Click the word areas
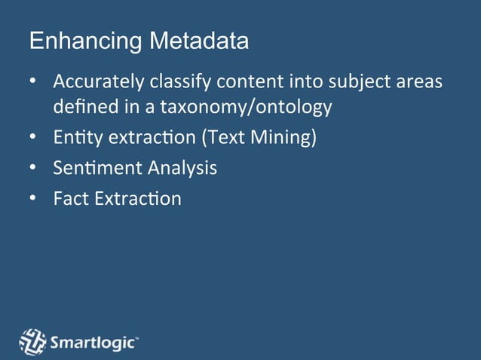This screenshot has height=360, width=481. tap(420, 81)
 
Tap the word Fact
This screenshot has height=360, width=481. tap(69, 199)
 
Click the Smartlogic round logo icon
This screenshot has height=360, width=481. tap(32, 342)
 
